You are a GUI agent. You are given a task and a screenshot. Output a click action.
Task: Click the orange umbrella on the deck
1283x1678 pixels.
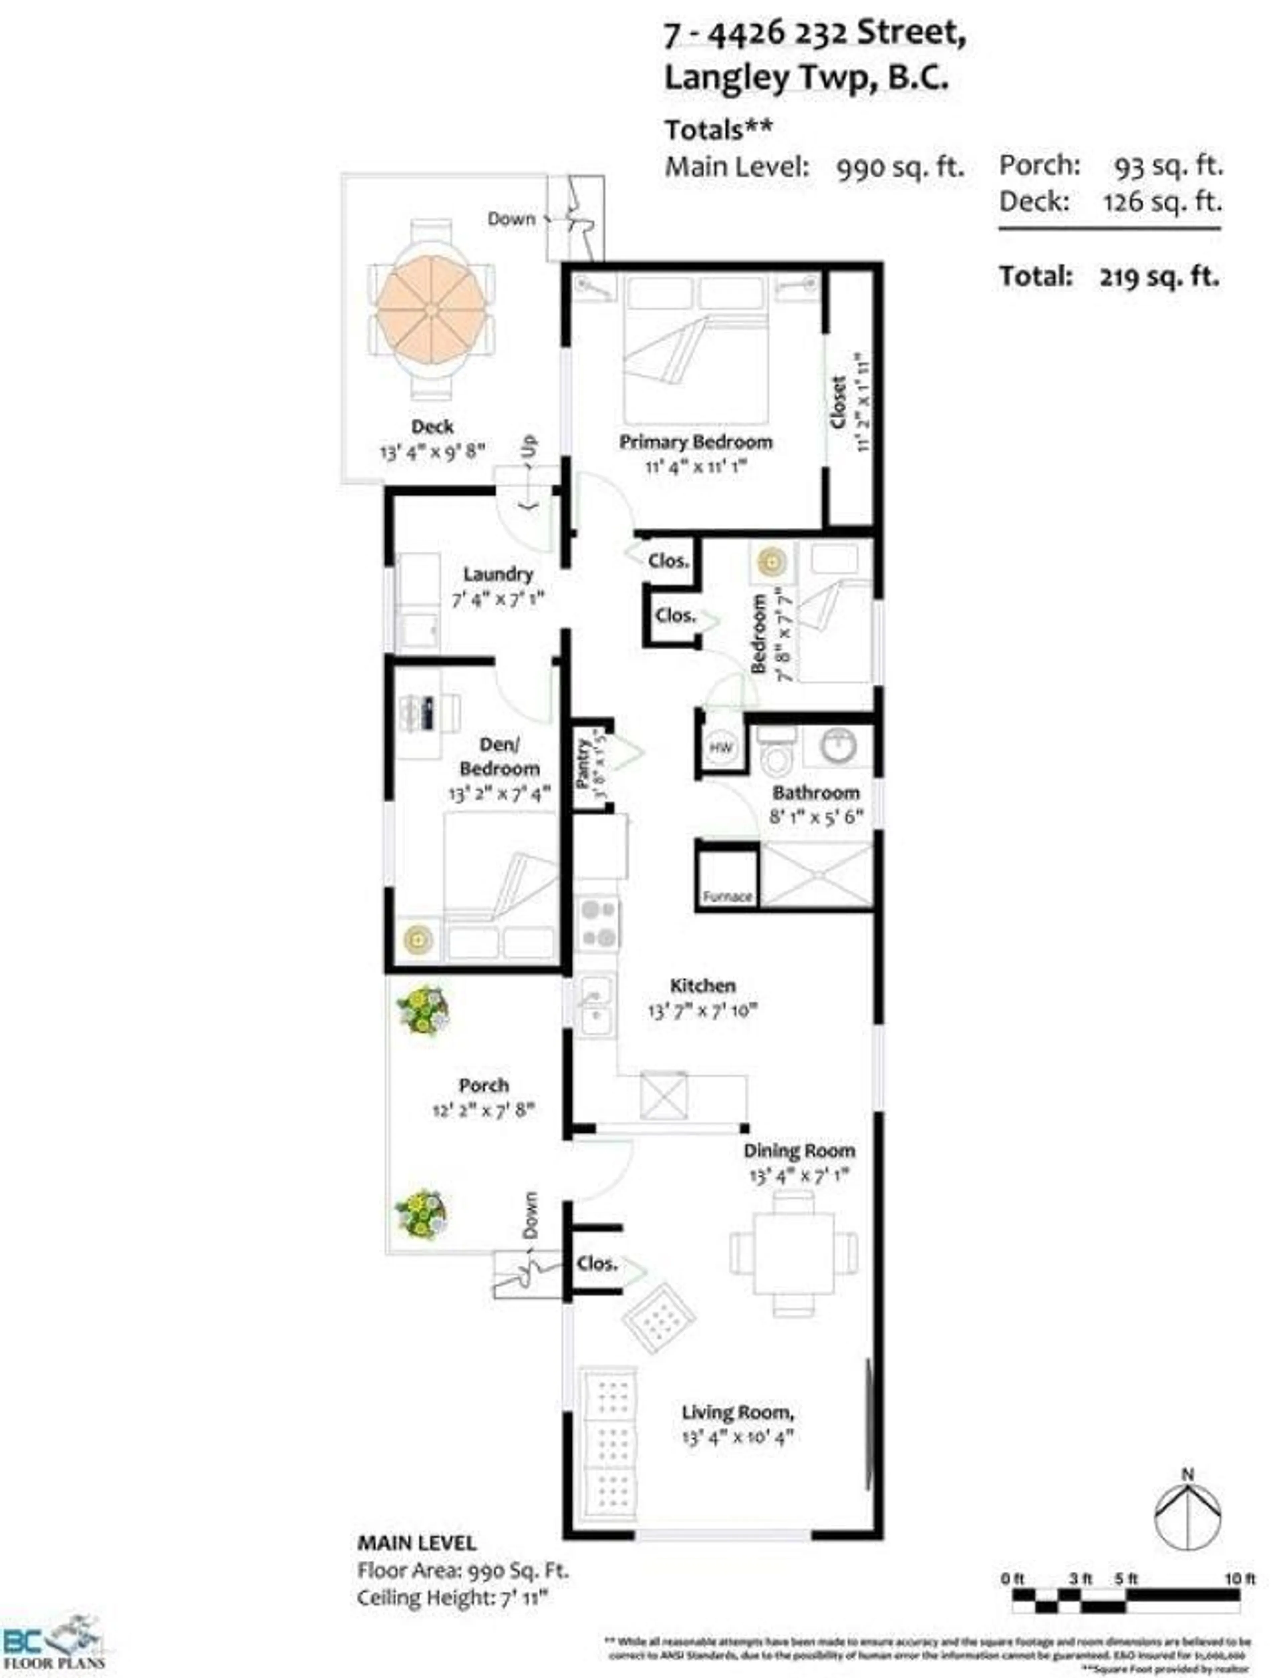coord(431,309)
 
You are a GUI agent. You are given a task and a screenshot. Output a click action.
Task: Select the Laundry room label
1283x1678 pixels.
coord(497,574)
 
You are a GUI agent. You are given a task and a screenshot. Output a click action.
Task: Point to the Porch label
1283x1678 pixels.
coord(483,1085)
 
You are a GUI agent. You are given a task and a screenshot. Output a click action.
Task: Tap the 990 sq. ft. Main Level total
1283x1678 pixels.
coord(900,166)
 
